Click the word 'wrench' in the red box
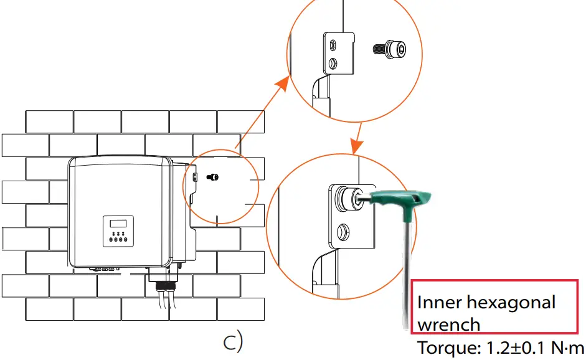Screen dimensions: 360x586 coord(448,324)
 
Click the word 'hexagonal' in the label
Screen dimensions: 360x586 coord(510,303)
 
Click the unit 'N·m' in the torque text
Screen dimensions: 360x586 coord(568,348)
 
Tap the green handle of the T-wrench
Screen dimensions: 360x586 coord(404,202)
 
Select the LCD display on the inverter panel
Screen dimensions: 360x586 coord(118,223)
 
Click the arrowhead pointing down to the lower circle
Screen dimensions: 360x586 coord(356,148)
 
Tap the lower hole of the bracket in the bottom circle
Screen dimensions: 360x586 coord(341,233)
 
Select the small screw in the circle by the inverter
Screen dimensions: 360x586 coord(213,178)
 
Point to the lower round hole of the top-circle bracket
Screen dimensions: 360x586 coord(333,64)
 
